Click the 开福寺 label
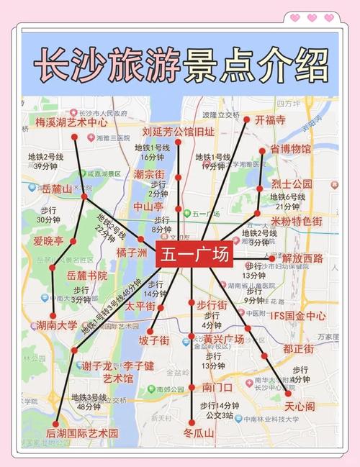pos(271,119)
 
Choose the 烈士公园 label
pos(292,184)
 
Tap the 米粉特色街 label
pos(296,221)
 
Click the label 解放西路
pos(302,258)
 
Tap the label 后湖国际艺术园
pos(82,433)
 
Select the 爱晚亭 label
pos(48,240)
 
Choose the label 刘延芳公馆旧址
pos(178,132)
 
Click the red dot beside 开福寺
pos(246,119)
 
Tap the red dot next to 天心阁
pos(289,394)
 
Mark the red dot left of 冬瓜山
pos(192,424)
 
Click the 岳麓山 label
pos(58,189)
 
